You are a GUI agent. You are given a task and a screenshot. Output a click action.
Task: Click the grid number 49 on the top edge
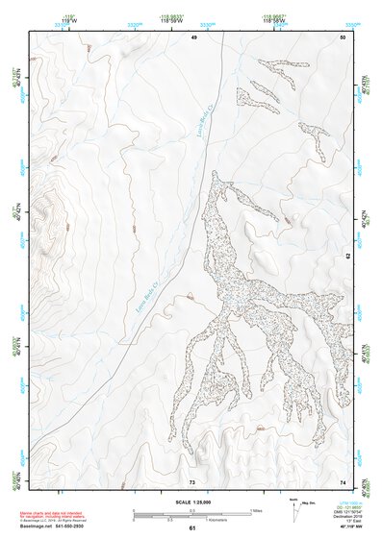tap(193, 37)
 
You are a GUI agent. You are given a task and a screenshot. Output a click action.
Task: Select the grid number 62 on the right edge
tap(347, 257)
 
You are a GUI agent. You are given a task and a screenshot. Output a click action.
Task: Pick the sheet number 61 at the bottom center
tap(192, 528)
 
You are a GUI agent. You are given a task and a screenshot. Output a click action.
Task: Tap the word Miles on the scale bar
tap(256, 509)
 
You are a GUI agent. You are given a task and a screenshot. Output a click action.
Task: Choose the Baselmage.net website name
tap(38, 526)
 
